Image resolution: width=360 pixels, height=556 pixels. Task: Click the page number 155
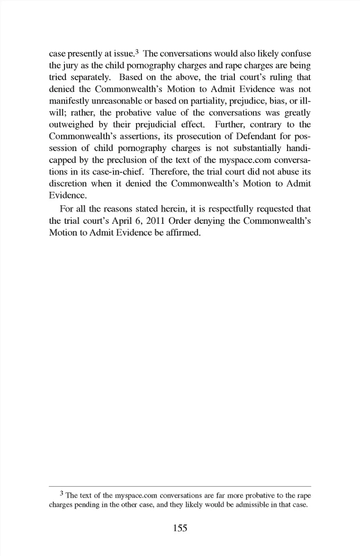click(x=180, y=528)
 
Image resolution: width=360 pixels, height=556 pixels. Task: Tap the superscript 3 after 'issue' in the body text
click(x=137, y=52)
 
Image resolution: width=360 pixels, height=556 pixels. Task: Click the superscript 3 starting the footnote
click(x=61, y=493)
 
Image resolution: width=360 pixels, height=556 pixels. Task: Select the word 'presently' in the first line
click(x=83, y=54)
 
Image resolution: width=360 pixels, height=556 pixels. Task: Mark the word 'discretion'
click(x=67, y=184)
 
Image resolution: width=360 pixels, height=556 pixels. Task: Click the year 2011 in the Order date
click(x=154, y=221)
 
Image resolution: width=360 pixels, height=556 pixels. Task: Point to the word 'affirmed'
click(x=183, y=232)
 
